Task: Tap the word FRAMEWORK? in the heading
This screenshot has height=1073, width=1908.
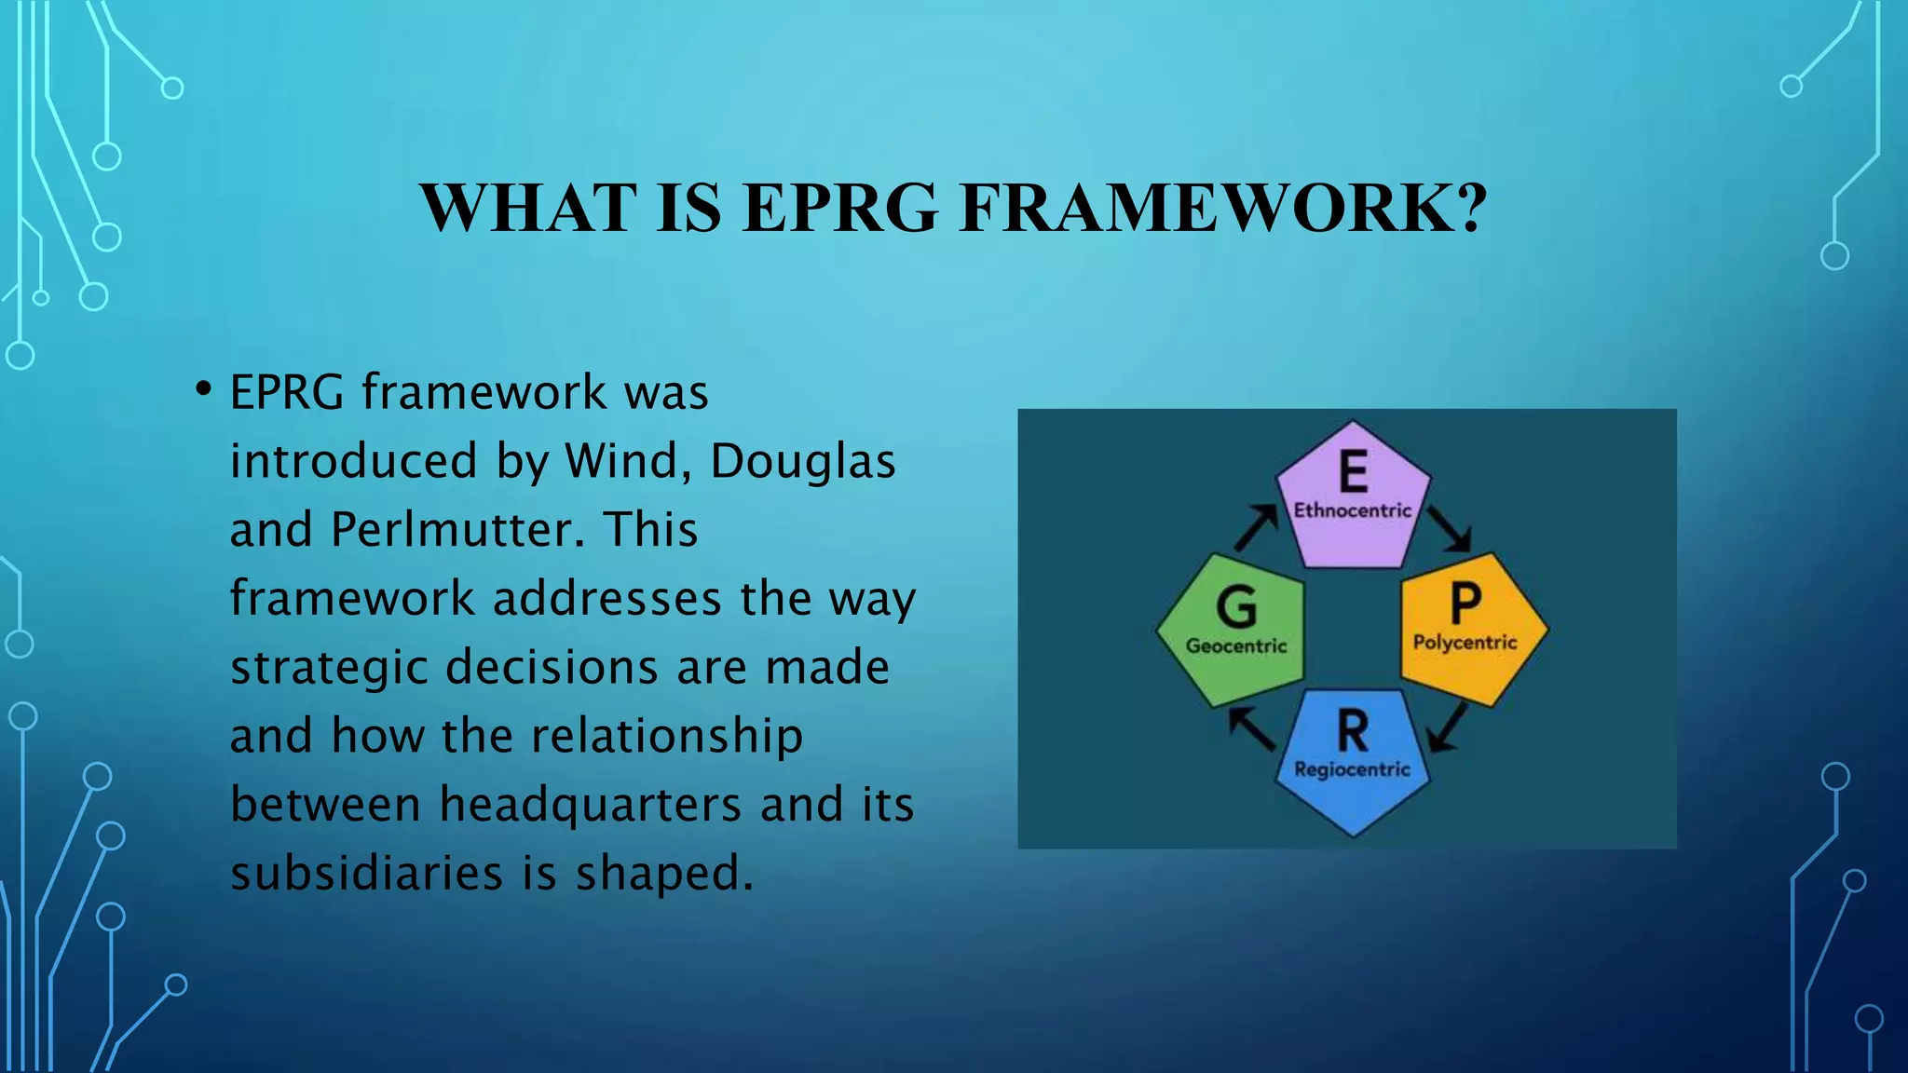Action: (x=1223, y=209)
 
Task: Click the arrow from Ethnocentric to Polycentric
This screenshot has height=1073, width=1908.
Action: (x=1450, y=528)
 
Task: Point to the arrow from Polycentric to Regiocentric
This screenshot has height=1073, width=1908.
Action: (x=1448, y=727)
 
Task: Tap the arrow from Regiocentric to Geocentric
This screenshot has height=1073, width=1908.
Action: (x=1252, y=728)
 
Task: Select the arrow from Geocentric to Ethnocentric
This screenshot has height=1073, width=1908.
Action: (x=1256, y=527)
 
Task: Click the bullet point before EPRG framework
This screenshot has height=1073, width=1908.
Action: (x=202, y=389)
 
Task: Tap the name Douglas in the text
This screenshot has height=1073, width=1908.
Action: (x=802, y=461)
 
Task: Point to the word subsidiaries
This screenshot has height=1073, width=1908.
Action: (x=367, y=874)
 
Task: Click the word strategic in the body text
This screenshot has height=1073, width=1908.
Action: (x=329, y=668)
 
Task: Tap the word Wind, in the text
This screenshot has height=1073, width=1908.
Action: (x=629, y=461)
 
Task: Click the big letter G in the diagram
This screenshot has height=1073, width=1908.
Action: (x=1236, y=608)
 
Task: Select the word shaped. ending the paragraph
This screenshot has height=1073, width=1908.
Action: (x=663, y=874)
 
